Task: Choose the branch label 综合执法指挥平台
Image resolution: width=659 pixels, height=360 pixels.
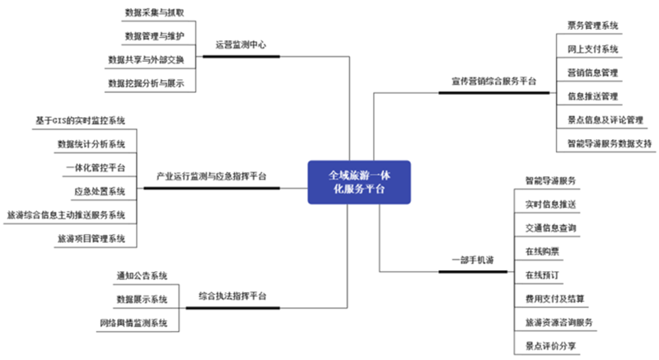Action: [x=231, y=295]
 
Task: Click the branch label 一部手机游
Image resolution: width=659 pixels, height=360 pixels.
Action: [x=473, y=260]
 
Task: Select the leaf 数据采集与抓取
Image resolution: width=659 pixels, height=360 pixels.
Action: [x=154, y=14]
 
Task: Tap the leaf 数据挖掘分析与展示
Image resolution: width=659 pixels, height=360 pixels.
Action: [x=146, y=83]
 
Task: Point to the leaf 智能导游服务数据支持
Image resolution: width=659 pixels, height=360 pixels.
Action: [x=610, y=143]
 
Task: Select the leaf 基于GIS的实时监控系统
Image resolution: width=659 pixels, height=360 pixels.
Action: [x=80, y=120]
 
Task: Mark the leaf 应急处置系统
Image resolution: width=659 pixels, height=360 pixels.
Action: [x=100, y=192]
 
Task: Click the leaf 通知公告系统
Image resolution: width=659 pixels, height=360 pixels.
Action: [x=142, y=275]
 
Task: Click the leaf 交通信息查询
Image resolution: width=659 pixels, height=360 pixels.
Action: [x=551, y=227]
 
